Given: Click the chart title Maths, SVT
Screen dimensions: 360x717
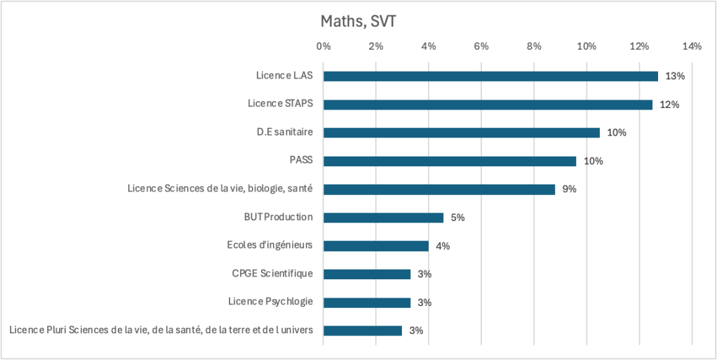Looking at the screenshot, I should click(358, 21).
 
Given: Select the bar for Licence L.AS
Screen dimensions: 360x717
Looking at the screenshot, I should click(490, 76).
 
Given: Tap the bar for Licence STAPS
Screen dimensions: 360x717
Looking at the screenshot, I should click(488, 105).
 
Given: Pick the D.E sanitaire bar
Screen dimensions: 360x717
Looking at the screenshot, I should click(461, 133).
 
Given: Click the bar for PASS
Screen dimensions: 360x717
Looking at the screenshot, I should click(449, 161).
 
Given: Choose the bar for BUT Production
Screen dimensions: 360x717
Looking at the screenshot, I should click(383, 218).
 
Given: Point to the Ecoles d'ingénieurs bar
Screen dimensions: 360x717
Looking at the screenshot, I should click(375, 246).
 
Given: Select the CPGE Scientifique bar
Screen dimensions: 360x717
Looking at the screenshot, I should click(366, 274).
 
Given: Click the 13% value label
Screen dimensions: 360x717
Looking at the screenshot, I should click(675, 76).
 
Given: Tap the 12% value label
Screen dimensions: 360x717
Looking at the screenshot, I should click(670, 105).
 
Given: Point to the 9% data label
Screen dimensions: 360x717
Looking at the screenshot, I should click(568, 189).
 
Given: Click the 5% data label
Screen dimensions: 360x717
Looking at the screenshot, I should click(457, 218).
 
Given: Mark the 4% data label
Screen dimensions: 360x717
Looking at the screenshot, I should click(442, 246).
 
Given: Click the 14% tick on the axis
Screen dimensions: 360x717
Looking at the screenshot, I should click(691, 46).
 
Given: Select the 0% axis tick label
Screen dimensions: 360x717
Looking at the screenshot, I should click(323, 46).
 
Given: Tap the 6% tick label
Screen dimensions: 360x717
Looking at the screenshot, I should click(481, 46).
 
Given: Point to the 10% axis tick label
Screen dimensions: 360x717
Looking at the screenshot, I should click(587, 46).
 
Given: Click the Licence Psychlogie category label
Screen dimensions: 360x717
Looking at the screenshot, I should click(270, 302).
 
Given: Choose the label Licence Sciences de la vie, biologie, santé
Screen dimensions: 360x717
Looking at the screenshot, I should click(220, 189).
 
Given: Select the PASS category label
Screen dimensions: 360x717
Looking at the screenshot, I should click(301, 160).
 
